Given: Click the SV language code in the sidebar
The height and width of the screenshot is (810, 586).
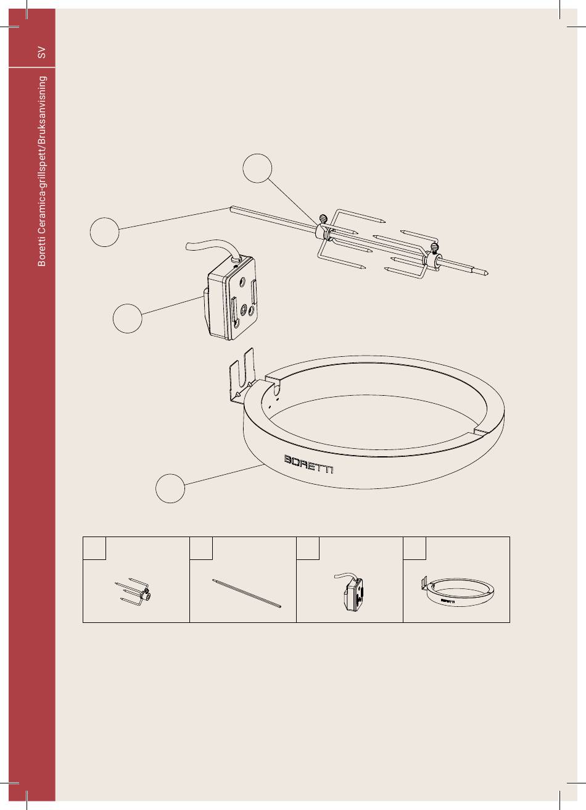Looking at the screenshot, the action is tap(42, 52).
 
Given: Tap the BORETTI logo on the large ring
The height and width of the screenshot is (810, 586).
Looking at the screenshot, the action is tap(308, 464).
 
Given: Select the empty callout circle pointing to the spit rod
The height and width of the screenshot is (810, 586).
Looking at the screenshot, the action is tap(104, 232).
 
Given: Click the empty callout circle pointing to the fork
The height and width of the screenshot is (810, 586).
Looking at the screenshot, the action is tap(257, 168).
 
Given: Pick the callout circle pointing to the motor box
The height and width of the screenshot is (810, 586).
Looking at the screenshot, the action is tap(128, 318).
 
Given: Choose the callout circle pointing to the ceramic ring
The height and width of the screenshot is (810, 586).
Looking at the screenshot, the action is tap(170, 488).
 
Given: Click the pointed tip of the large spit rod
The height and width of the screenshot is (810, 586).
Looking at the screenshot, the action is tap(488, 273).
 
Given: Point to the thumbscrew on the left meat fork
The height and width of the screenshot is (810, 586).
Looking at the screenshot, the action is tap(323, 219).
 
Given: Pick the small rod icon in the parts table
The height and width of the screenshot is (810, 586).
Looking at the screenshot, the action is tap(246, 593).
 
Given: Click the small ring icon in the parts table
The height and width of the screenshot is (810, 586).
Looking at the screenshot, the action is tap(458, 591).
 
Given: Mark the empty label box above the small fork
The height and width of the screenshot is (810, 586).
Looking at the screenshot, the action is tap(94, 548).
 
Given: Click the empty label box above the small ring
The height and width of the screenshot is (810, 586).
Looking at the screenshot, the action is tap(415, 548).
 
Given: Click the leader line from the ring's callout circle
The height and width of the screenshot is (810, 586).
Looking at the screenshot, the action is tap(225, 474).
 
